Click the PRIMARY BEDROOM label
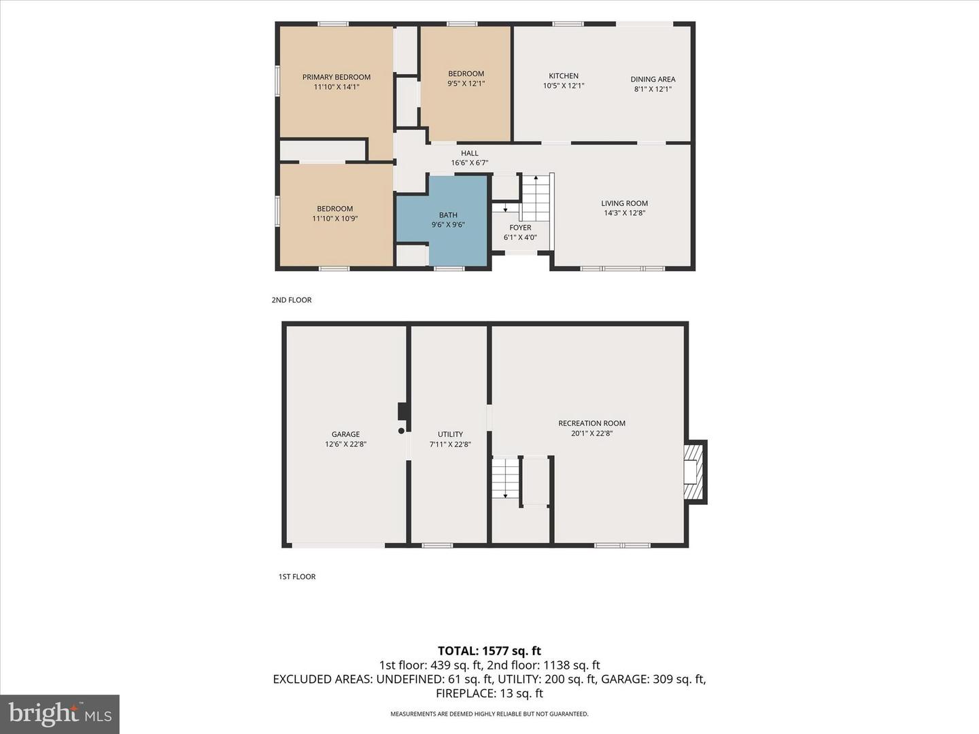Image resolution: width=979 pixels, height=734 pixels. pos(337,77)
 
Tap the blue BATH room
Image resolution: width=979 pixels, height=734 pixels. pos(448,221)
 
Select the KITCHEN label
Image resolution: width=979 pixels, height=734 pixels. pos(564,75)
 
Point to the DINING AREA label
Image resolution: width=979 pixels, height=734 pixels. pos(653,80)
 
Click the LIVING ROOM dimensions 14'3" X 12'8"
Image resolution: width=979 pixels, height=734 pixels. pos(624,213)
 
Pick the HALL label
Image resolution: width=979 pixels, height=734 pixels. pos(469,154)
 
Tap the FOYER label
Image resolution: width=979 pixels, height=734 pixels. pos(520,228)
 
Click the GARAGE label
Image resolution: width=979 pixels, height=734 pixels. pos(345,434)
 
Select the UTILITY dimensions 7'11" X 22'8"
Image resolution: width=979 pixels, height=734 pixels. pos(450,444)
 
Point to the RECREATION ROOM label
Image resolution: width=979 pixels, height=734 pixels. pos(592,423)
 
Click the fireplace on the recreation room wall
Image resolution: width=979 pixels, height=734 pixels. pos(695,472)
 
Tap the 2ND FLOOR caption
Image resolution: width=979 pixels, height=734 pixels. pos(292,300)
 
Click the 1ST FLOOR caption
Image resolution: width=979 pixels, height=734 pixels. pos(297,577)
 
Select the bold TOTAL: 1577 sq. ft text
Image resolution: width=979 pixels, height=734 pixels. pos(489,651)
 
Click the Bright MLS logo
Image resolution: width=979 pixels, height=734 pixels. pos(60,714)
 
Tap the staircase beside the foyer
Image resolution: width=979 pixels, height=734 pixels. pos(536,197)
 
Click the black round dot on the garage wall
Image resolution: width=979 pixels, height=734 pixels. pos(401,431)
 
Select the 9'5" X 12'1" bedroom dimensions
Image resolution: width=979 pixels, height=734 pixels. pos(466,84)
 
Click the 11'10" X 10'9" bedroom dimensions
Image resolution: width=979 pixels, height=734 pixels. pos(335,218)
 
